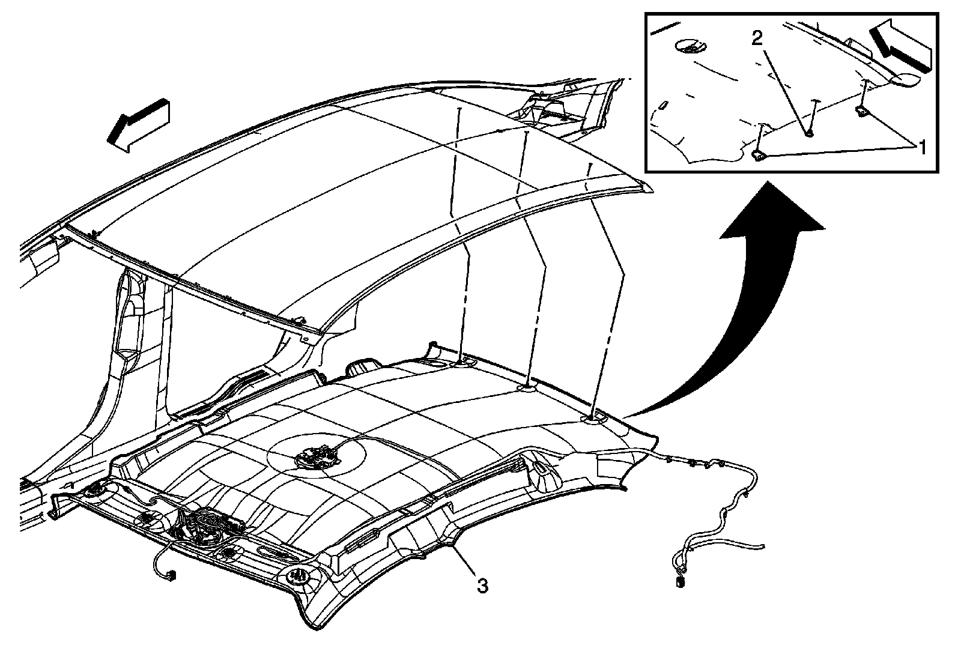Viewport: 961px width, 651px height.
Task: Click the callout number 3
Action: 482,586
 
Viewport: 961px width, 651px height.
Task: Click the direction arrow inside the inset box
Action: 900,44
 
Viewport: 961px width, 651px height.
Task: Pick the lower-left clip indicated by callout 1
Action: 759,156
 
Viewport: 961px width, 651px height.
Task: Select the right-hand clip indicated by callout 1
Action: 861,110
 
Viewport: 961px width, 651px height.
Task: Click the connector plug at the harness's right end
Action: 680,581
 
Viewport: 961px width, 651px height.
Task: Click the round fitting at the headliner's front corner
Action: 299,576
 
